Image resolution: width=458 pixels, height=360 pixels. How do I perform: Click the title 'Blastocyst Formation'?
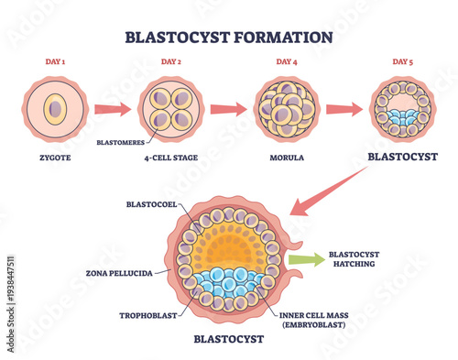coord(229,38)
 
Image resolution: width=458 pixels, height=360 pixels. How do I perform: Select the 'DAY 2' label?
coord(171,62)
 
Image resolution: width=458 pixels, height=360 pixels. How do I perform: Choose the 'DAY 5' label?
coord(402,62)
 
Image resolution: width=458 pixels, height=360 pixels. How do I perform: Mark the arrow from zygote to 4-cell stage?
coord(113,109)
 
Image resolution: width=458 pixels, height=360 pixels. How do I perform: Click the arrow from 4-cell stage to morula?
coord(229,109)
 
